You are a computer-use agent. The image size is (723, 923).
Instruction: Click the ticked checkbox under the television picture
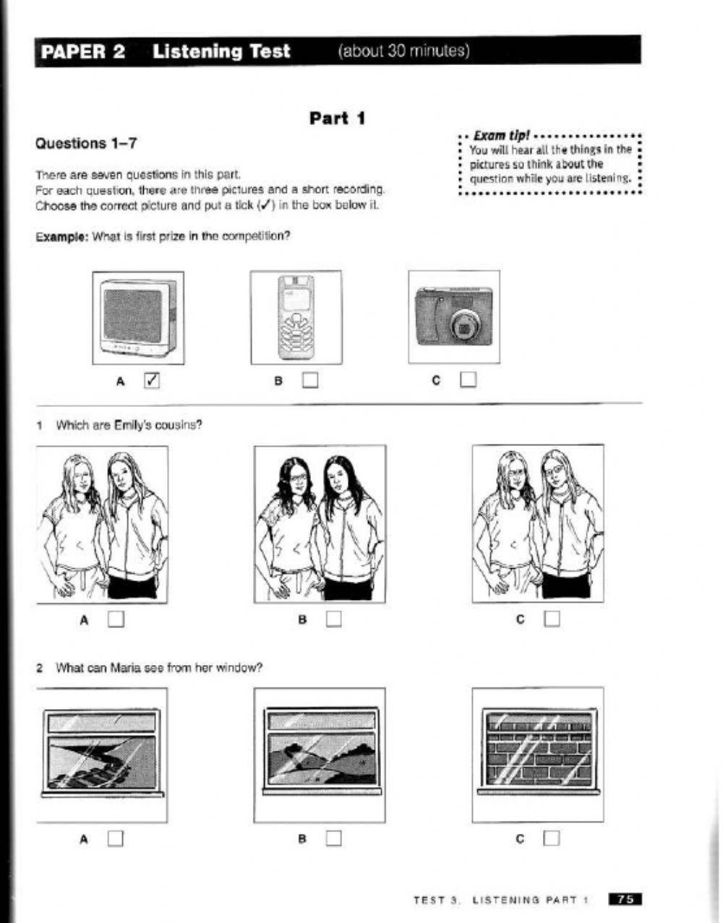[x=152, y=379]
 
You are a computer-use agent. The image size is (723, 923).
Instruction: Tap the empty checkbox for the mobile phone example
[x=310, y=379]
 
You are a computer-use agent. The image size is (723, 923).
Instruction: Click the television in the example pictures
[x=138, y=318]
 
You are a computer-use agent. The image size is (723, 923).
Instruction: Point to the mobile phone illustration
[x=296, y=318]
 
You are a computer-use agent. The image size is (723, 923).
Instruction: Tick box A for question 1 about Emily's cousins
[x=116, y=619]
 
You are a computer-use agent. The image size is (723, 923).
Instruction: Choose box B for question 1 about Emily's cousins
[x=333, y=619]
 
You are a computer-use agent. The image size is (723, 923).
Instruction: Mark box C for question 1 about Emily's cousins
[x=552, y=619]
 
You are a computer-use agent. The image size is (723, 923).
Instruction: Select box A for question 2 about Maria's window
[x=116, y=838]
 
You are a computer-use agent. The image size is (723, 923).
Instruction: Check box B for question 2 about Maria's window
[x=333, y=838]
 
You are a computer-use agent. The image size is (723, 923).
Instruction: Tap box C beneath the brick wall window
[x=552, y=838]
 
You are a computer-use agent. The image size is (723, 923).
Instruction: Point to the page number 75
[x=625, y=900]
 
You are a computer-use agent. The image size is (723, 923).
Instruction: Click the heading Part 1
[x=337, y=118]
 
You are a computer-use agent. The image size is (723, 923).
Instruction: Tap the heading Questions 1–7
[x=86, y=143]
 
